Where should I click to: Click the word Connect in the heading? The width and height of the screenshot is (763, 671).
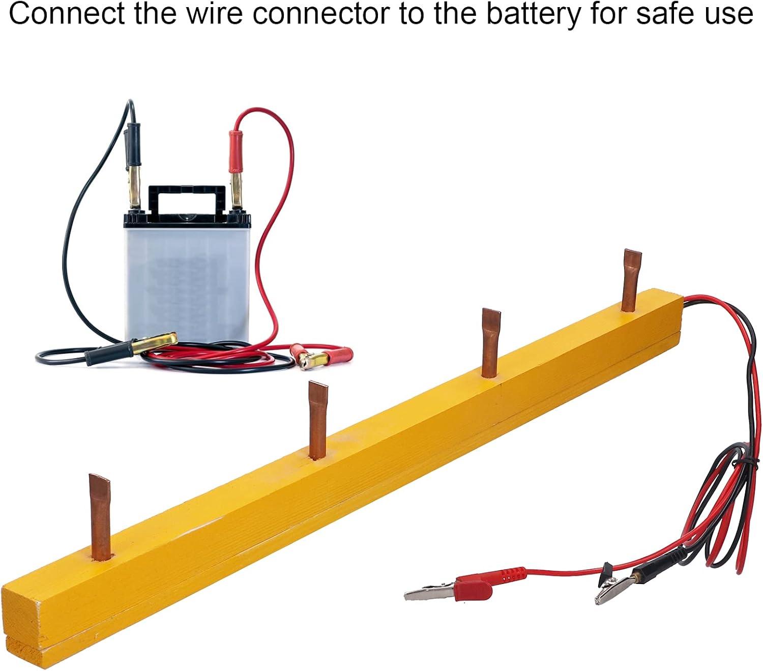[x=66, y=14]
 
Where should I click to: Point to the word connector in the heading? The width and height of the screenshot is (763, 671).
[x=321, y=14]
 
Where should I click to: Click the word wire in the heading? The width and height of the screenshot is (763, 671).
[x=214, y=14]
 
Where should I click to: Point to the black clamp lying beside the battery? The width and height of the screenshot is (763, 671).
[x=131, y=348]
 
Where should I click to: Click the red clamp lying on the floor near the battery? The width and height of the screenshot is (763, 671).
[x=322, y=357]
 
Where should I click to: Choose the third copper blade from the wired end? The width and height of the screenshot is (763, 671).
[x=317, y=420]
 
